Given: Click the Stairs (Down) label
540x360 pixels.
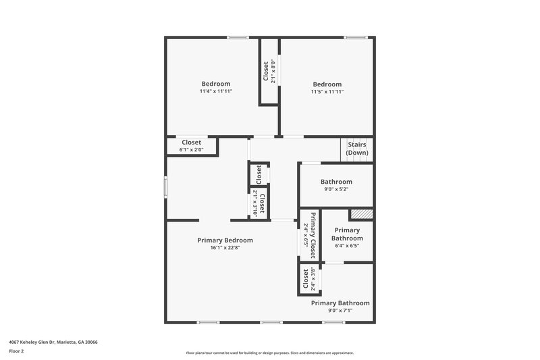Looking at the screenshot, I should (357, 149).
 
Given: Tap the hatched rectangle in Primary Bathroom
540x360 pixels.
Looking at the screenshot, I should (361, 214).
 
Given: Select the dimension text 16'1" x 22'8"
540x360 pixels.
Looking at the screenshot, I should (225, 248).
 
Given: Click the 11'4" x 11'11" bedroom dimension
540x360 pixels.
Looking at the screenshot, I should (215, 91).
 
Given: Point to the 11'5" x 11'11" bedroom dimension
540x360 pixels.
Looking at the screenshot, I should (327, 91).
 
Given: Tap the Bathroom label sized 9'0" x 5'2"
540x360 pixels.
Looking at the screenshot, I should (336, 182).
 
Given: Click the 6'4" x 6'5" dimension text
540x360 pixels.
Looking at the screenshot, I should (347, 246).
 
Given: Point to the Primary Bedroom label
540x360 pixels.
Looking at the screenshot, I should (225, 240).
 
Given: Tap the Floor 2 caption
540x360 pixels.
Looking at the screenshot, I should (16, 351).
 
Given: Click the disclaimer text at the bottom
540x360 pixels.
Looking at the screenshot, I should (269, 353).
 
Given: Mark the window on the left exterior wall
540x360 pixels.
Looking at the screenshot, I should (165, 187).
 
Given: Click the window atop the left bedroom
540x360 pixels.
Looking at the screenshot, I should (238, 37).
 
